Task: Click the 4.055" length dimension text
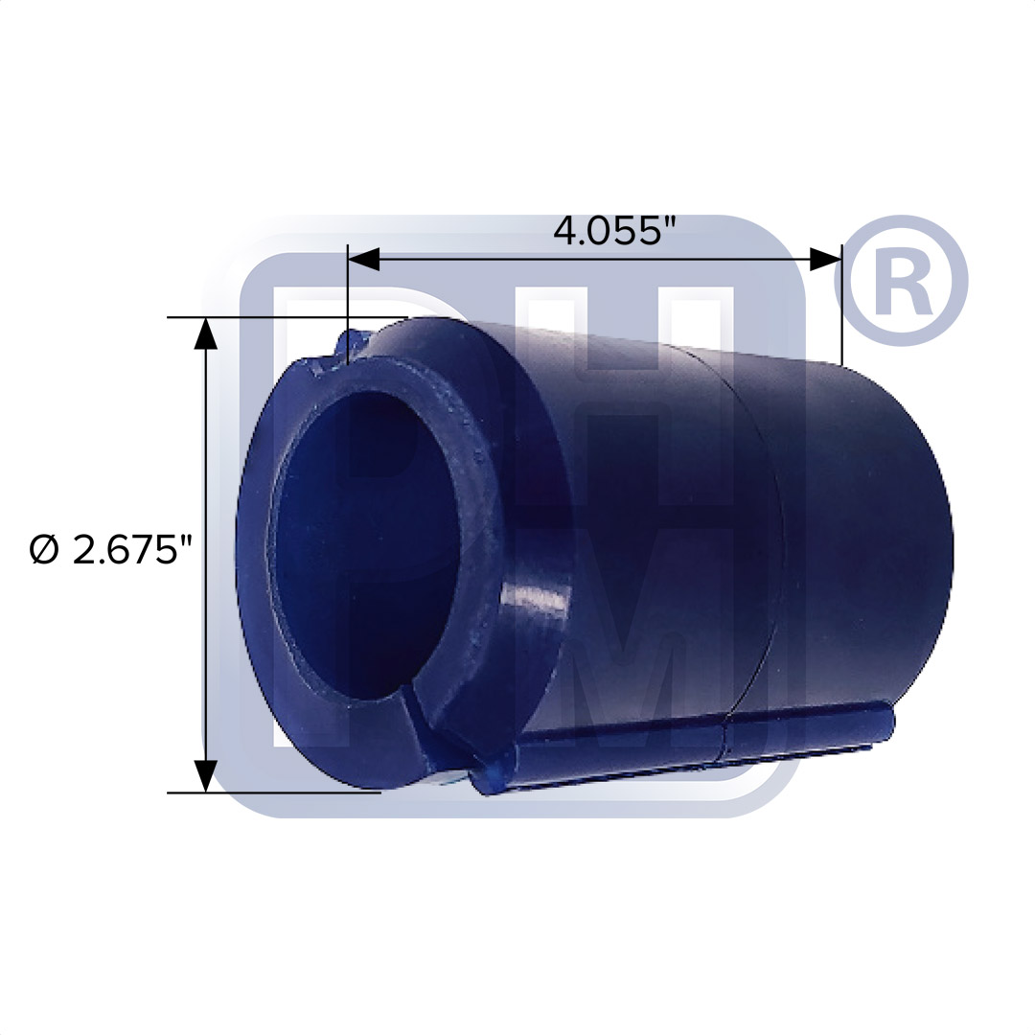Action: (609, 231)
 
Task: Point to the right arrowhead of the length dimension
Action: (825, 259)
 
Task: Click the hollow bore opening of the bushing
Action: (364, 537)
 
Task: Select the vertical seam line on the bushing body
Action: (757, 537)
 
